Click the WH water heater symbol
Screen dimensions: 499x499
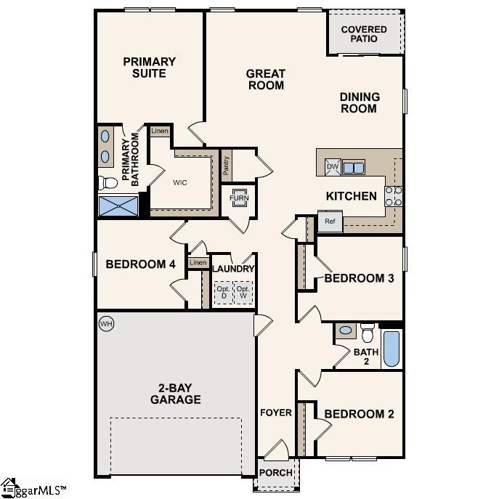(x=106, y=322)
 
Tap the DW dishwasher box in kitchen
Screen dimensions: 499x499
(x=333, y=167)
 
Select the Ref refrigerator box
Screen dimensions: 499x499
(x=330, y=222)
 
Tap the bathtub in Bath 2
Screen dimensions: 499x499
(x=392, y=349)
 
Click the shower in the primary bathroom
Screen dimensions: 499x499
(x=118, y=206)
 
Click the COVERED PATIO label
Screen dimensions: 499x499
(x=364, y=33)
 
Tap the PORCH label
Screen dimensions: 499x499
(x=276, y=473)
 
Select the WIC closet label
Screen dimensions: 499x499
(x=179, y=182)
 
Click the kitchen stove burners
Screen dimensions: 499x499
(x=393, y=196)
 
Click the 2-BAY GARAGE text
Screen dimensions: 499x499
(x=175, y=393)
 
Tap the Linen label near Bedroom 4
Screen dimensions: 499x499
(x=197, y=263)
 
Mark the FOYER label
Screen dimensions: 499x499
(x=275, y=413)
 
